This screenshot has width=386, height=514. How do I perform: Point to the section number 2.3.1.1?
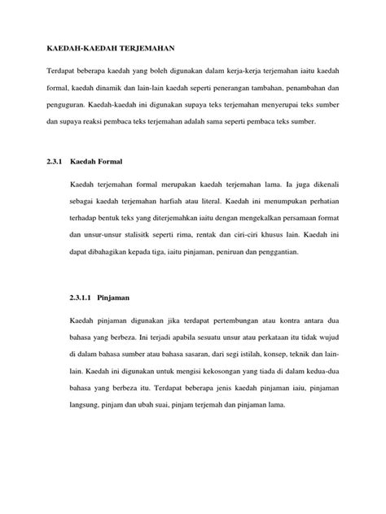point(83,298)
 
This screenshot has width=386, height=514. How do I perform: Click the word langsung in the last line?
point(88,409)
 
